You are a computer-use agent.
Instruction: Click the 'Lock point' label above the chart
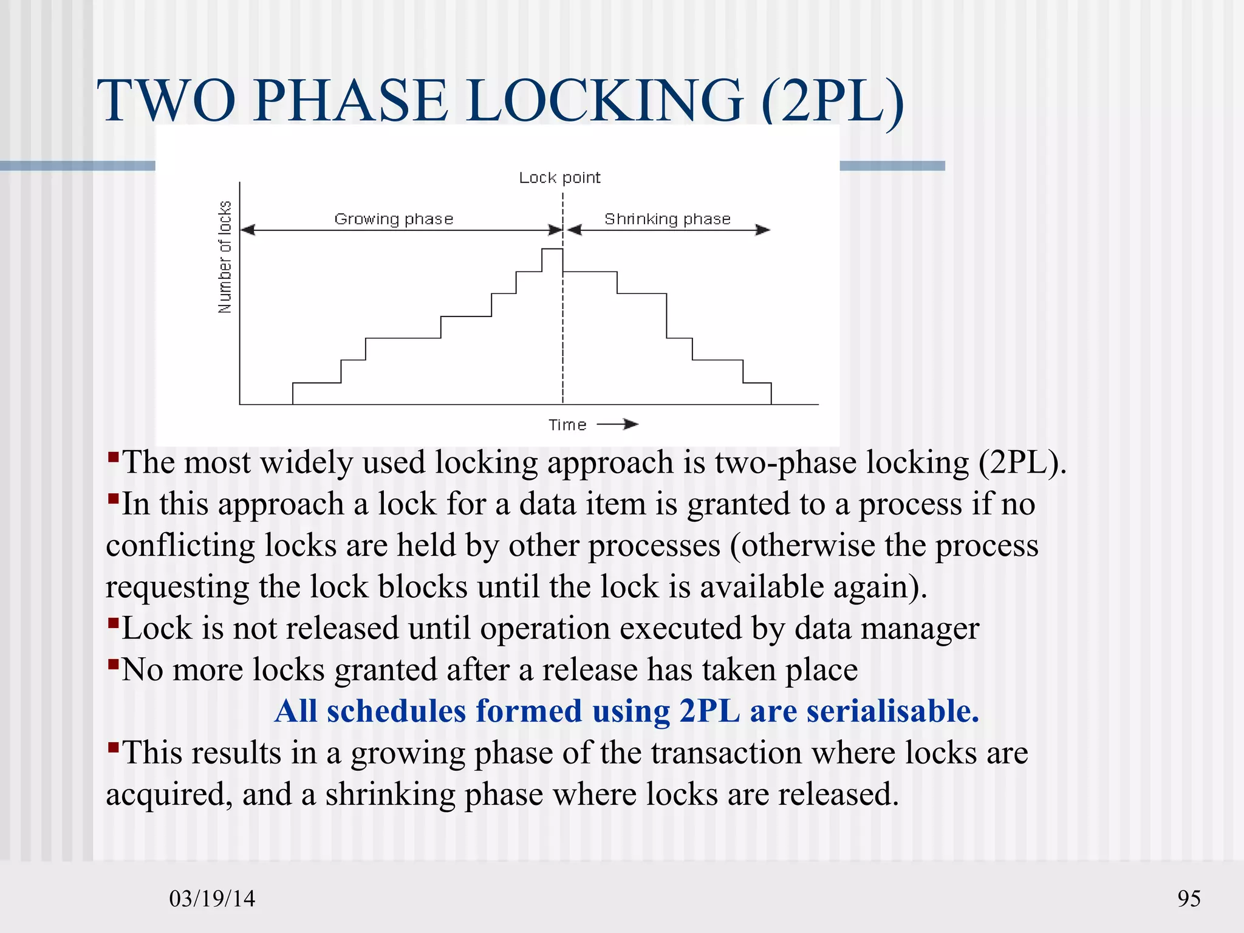559,177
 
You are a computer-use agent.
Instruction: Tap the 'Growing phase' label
394,219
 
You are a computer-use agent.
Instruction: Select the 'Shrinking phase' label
667,219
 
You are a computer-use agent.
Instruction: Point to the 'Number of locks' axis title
225,257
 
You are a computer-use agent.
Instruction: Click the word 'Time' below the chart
567,425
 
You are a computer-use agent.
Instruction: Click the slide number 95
1189,898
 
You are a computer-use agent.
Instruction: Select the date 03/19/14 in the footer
212,898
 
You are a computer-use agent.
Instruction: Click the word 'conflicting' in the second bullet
180,545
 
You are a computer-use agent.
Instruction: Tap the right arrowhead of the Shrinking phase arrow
763,230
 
